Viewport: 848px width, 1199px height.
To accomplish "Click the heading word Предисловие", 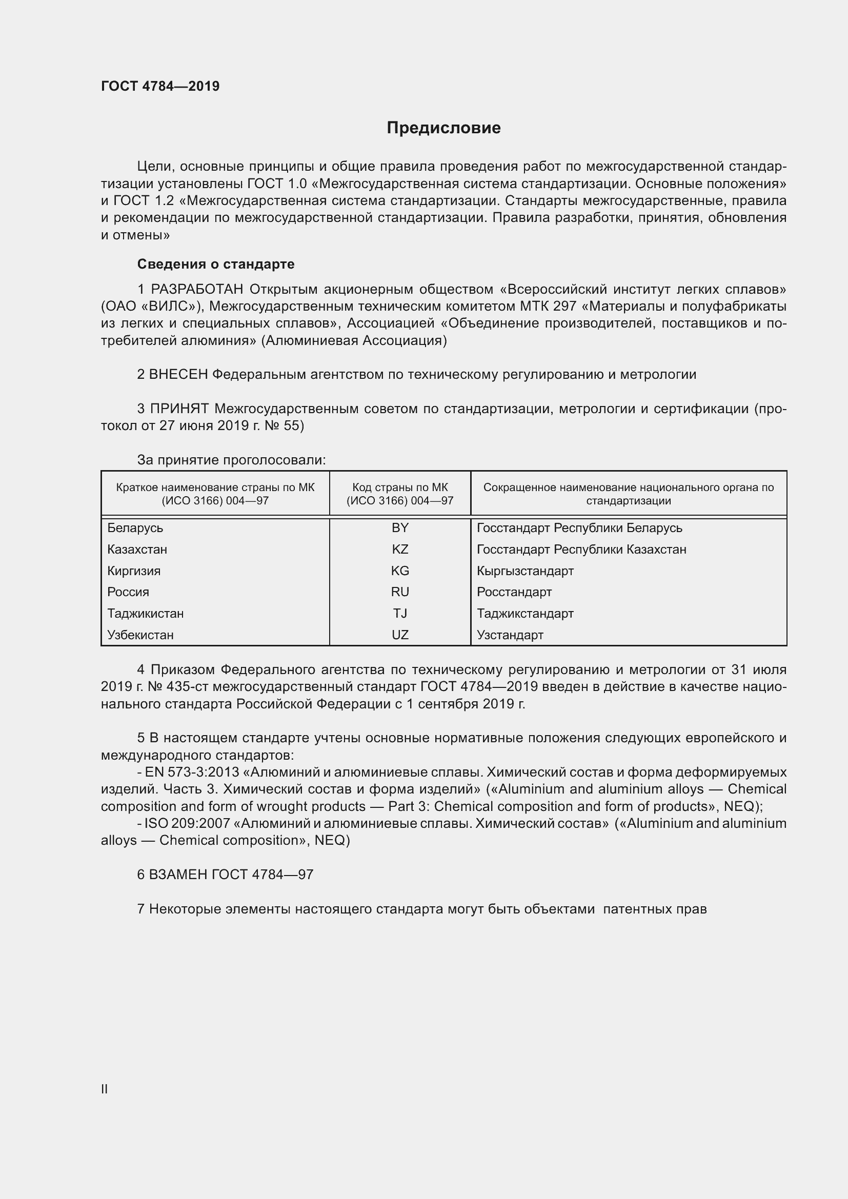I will point(443,128).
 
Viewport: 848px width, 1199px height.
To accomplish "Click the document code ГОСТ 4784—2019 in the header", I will point(160,86).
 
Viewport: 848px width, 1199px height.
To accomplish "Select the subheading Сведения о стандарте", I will point(216,264).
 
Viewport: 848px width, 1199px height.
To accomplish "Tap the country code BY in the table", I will point(400,528).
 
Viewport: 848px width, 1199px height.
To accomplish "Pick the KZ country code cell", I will point(400,550).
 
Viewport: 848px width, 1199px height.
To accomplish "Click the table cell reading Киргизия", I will point(134,571).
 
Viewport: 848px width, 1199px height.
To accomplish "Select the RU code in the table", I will point(400,592).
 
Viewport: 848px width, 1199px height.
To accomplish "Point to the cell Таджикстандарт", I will point(525,614).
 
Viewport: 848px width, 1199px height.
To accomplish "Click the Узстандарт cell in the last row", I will point(510,635).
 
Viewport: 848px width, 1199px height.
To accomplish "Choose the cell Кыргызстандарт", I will point(525,571).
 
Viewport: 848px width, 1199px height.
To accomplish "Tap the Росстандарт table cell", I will point(514,592).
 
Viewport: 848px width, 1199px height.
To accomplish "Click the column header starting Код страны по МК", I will point(400,494).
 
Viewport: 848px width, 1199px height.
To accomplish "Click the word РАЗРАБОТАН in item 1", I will point(197,289).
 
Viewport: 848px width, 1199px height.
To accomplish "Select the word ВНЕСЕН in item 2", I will point(178,374).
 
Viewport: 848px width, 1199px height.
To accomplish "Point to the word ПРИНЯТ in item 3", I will point(179,409).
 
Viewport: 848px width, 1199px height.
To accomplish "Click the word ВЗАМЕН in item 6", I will point(178,874).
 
